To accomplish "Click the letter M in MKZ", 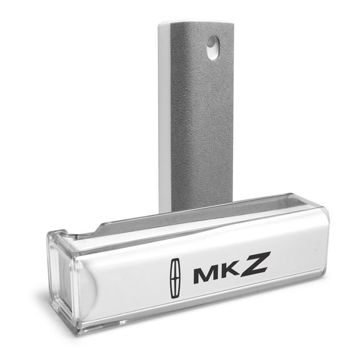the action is click(205, 275).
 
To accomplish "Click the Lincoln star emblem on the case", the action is click(176, 278).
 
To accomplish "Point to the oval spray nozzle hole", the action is click(213, 47).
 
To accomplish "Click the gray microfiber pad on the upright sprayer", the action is click(202, 115).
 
